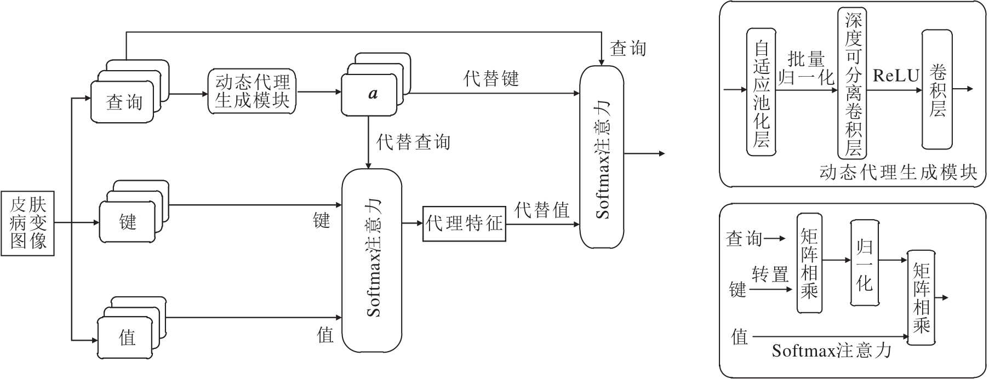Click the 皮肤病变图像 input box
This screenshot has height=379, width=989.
pyautogui.click(x=28, y=223)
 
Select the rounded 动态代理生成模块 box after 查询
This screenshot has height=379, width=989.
pyautogui.click(x=252, y=91)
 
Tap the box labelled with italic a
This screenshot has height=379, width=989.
pyautogui.click(x=369, y=94)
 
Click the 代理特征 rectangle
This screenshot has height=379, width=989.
pyautogui.click(x=464, y=223)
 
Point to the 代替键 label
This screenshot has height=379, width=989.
pyautogui.click(x=491, y=78)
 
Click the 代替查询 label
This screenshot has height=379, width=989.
pyautogui.click(x=413, y=142)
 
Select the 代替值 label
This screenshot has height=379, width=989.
pyautogui.click(x=541, y=210)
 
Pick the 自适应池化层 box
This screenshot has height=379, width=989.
pyautogui.click(x=762, y=91)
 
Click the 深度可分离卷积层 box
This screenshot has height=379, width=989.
pyautogui.click(x=853, y=83)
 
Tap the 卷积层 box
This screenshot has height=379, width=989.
pyautogui.click(x=937, y=89)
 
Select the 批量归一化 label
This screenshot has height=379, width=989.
pyautogui.click(x=807, y=68)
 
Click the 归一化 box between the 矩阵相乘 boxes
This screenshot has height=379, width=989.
pyautogui.click(x=864, y=263)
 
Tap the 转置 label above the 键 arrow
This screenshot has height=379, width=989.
pyautogui.click(x=770, y=274)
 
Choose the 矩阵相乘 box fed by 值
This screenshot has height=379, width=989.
pyautogui.click(x=922, y=297)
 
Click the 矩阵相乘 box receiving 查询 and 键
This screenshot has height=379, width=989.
pyautogui.click(x=809, y=263)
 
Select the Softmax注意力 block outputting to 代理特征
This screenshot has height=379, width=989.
pyautogui.click(x=371, y=260)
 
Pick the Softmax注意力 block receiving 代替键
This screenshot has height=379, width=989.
pyautogui.click(x=602, y=157)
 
